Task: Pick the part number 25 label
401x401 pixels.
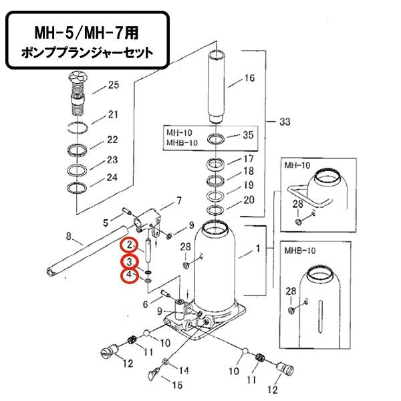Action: pyautogui.click(x=112, y=85)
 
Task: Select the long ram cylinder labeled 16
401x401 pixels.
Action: pyautogui.click(x=219, y=87)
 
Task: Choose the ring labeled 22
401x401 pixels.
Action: pyautogui.click(x=79, y=149)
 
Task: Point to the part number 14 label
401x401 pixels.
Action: pyautogui.click(x=184, y=370)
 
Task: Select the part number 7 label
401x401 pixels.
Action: pyautogui.click(x=178, y=200)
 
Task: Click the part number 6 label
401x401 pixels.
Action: pyautogui.click(x=146, y=305)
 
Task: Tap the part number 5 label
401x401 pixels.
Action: pyautogui.click(x=105, y=222)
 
